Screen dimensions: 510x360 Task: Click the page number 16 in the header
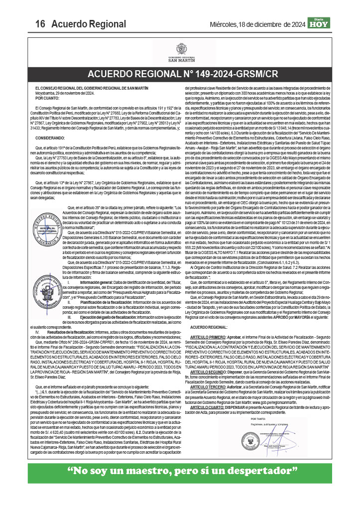40,23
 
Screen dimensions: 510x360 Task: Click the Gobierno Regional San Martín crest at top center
180,49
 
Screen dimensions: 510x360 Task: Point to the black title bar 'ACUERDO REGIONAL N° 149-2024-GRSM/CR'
180,74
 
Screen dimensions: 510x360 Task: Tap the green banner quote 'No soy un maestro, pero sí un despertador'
180,470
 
